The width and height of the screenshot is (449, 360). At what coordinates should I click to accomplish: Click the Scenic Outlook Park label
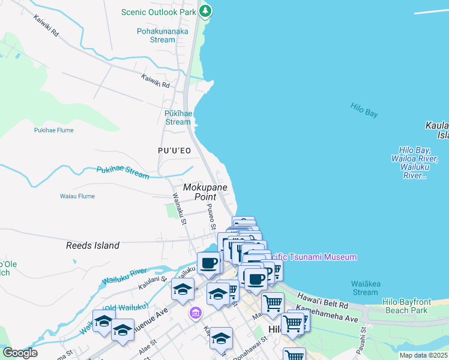click(158, 12)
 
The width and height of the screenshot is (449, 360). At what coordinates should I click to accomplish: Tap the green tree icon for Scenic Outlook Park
click(205, 11)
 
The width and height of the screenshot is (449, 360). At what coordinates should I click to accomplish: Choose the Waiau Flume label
click(77, 196)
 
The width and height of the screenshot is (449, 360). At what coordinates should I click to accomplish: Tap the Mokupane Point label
click(205, 192)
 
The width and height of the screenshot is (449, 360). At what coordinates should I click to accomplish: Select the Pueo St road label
click(211, 217)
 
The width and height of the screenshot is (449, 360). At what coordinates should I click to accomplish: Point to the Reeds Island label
click(92, 245)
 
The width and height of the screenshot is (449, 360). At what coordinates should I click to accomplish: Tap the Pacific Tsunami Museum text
click(312, 257)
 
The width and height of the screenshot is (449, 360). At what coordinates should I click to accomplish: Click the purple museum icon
click(194, 313)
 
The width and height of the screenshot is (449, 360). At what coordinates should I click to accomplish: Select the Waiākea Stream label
click(365, 287)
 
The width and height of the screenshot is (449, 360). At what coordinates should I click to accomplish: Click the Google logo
click(20, 353)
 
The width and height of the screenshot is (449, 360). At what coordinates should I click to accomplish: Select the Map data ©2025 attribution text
click(423, 355)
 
